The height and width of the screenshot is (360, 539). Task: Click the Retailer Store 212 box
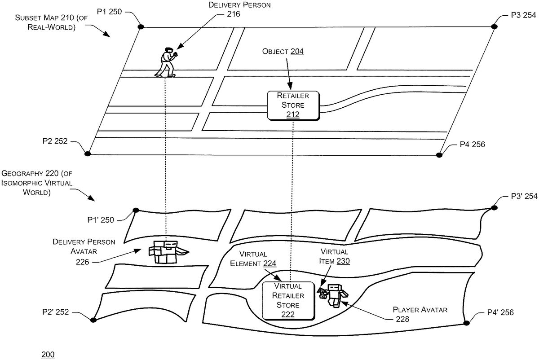click(293, 105)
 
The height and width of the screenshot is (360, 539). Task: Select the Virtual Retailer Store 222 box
click(288, 300)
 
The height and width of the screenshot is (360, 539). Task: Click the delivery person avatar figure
click(166, 252)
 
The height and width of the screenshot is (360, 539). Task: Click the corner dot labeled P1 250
click(141, 27)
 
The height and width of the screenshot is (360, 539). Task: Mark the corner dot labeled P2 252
click(88, 154)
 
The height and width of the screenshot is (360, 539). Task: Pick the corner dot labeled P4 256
click(439, 155)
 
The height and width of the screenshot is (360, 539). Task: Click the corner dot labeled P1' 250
click(136, 210)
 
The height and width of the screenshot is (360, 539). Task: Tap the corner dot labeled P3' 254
click(494, 207)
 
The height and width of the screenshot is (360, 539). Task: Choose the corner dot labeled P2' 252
click(93, 320)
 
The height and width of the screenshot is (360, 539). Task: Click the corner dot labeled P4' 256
click(466, 322)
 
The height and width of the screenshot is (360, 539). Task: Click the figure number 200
click(48, 355)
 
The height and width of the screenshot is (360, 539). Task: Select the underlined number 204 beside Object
click(297, 52)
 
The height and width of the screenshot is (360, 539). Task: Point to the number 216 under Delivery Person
click(234, 14)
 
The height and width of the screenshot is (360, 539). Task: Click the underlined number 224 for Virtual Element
click(269, 263)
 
